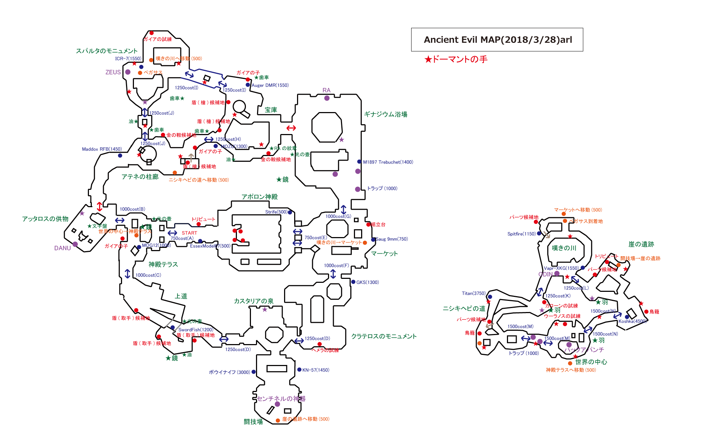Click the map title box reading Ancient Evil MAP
pyautogui.click(x=497, y=40)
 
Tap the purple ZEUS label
pyautogui.click(x=113, y=72)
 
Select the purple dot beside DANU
pyautogui.click(x=75, y=244)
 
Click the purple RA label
pyautogui.click(x=326, y=90)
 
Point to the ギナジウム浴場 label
pyautogui.click(x=386, y=114)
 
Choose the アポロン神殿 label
pyautogui.click(x=260, y=197)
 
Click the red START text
pyautogui.click(x=189, y=233)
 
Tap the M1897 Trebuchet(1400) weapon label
pyautogui.click(x=388, y=162)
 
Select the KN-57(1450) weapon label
pyautogui.click(x=316, y=370)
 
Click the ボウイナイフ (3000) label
pyautogui.click(x=229, y=372)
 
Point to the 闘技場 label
pyautogui.click(x=253, y=422)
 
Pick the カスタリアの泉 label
pyautogui.click(x=253, y=301)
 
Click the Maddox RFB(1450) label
pyautogui.click(x=102, y=149)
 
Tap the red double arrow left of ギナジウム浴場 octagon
pyautogui.click(x=291, y=128)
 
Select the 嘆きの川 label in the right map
pyautogui.click(x=564, y=248)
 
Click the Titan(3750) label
pyautogui.click(x=474, y=293)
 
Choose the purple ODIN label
pyautogui.click(x=545, y=274)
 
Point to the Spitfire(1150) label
pyautogui.click(x=522, y=234)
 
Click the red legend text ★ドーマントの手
pyautogui.click(x=456, y=59)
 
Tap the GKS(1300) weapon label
pyautogui.click(x=368, y=282)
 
